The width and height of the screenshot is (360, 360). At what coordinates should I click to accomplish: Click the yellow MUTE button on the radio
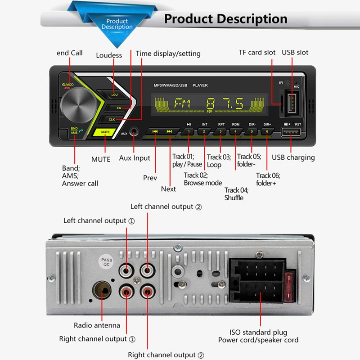105,132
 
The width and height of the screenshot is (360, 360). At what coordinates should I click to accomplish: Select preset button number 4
235,132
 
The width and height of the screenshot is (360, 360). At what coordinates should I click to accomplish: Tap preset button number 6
267,132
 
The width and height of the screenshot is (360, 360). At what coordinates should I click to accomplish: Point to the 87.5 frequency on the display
225,104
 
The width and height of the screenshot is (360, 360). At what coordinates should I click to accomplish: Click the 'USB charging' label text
293,157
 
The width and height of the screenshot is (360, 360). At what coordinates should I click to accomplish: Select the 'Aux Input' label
135,158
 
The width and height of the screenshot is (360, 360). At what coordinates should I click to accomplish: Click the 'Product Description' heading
225,19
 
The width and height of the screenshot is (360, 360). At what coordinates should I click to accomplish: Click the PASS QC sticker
107,263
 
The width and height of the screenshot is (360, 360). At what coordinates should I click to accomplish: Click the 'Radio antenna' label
97,325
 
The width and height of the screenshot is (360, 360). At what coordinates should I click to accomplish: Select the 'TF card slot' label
257,53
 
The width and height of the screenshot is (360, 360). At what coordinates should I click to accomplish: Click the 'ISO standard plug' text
258,333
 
